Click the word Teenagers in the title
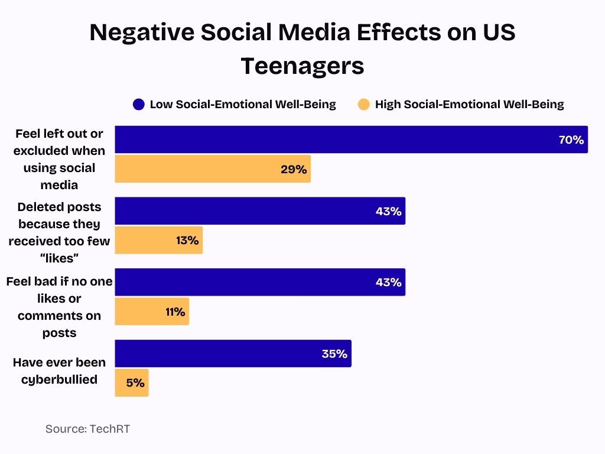point(302,66)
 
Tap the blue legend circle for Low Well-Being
point(139,105)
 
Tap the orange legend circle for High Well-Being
point(364,105)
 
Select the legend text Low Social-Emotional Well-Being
point(242,105)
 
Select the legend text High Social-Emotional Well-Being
point(469,105)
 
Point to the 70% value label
point(571,140)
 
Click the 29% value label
point(294,170)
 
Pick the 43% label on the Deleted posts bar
point(388,212)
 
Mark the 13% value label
point(187,241)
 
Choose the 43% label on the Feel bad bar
point(388,283)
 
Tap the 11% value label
point(175,312)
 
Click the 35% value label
point(334,354)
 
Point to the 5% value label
point(135,383)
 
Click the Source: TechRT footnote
point(87,429)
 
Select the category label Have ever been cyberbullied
point(59,371)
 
